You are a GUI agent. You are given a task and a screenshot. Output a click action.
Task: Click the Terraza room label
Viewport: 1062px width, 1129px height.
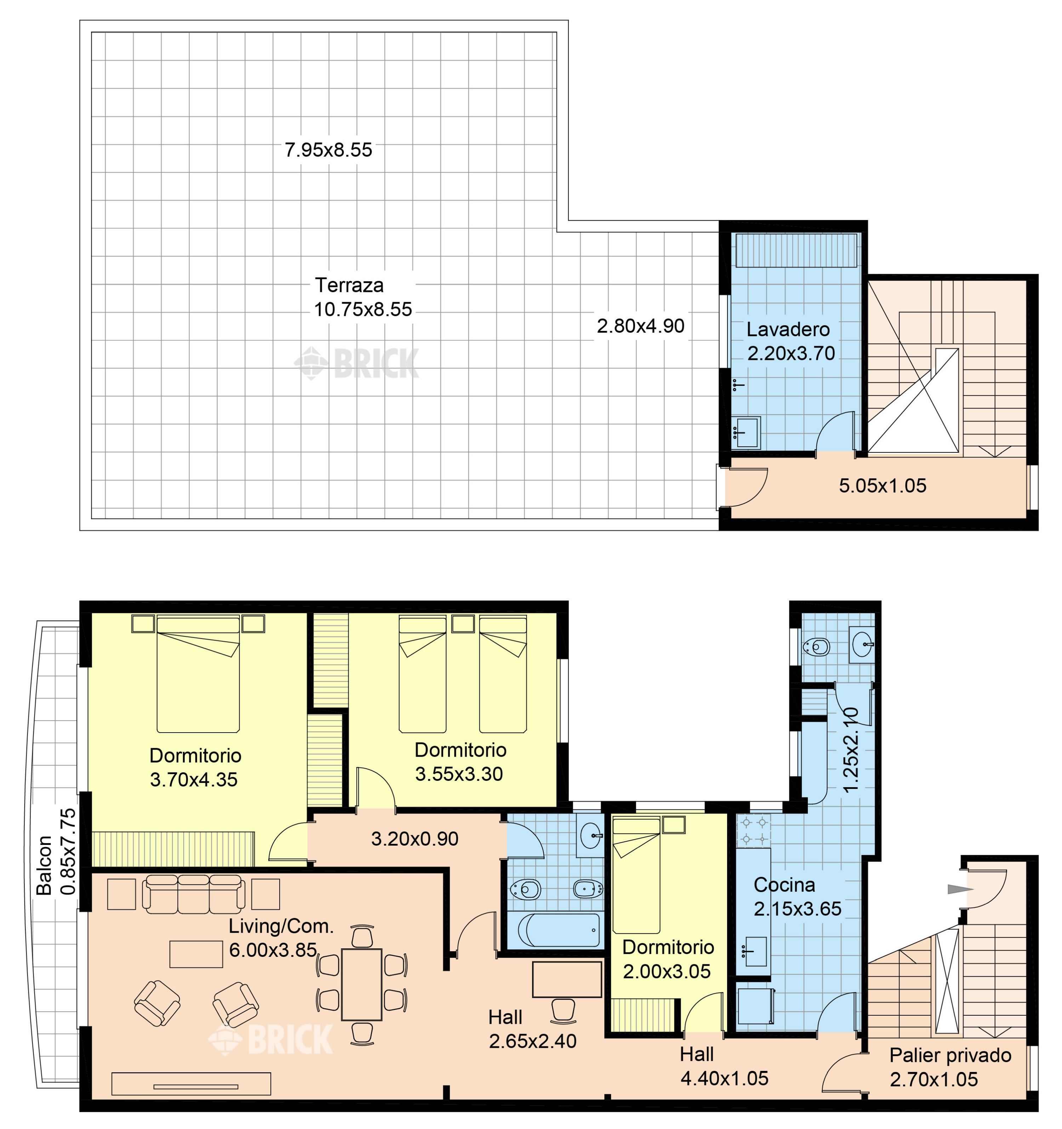tap(349, 285)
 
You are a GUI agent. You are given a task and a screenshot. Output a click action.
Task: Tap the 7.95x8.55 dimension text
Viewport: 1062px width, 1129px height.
tap(329, 150)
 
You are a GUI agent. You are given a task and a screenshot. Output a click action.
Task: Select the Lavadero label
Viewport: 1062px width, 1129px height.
tap(788, 329)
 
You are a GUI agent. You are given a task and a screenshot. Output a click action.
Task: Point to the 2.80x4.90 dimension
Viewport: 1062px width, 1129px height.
tap(640, 326)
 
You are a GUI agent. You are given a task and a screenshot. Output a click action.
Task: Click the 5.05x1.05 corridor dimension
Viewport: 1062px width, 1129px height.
tap(883, 486)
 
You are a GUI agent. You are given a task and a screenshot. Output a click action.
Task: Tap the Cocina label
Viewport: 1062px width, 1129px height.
tap(784, 884)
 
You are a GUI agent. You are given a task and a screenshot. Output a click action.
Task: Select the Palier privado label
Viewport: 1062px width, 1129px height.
tap(950, 1055)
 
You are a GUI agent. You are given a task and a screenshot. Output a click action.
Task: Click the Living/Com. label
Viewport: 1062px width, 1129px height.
tap(281, 926)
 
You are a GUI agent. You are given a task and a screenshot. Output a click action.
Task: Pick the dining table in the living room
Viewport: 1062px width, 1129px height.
tap(361, 984)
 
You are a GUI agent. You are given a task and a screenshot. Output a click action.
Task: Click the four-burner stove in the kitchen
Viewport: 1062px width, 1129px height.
tap(753, 830)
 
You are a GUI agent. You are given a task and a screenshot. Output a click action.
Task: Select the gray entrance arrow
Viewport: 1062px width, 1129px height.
tap(960, 889)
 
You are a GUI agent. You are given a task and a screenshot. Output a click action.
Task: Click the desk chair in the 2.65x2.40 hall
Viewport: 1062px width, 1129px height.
tap(563, 1011)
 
